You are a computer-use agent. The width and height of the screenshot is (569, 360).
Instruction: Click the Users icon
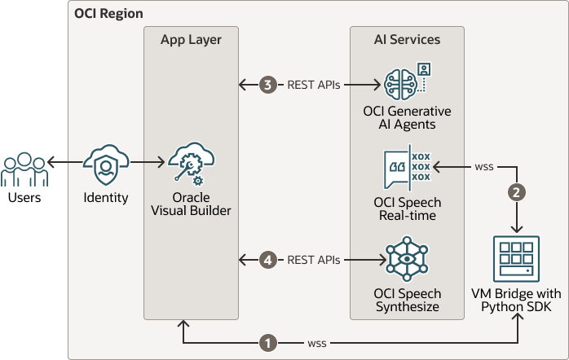click(x=23, y=169)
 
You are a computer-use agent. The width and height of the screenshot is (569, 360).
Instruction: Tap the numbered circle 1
click(x=267, y=343)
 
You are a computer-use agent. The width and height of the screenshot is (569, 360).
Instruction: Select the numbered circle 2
click(x=516, y=193)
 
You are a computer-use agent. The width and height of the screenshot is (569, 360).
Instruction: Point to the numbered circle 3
click(x=267, y=85)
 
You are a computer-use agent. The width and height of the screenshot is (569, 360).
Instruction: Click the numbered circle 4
click(x=267, y=261)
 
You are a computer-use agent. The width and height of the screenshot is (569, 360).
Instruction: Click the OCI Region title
click(x=108, y=15)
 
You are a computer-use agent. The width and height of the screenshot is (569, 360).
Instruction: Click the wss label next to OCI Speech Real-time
click(x=483, y=167)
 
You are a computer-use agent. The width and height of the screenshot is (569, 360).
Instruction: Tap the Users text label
click(x=23, y=198)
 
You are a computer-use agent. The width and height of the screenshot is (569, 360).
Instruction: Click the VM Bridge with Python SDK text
click(x=516, y=300)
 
